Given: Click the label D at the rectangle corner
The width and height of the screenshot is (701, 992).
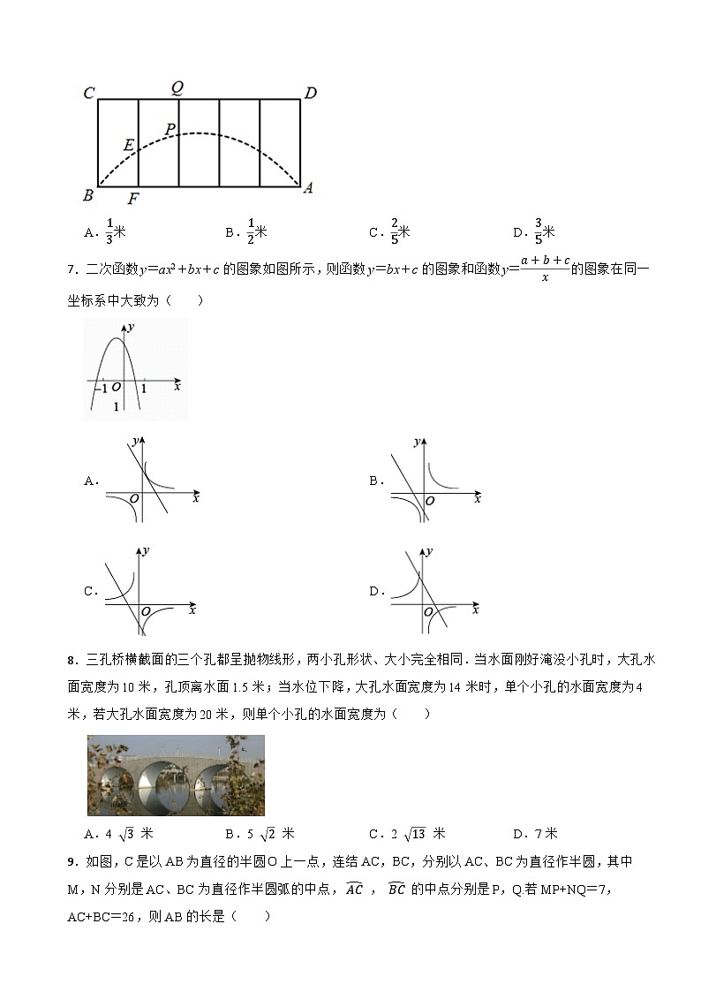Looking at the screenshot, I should (x=310, y=93).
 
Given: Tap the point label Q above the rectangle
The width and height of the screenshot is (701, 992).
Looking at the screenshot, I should (x=177, y=87).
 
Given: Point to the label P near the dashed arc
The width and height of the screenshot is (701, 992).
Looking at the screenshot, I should (x=170, y=129).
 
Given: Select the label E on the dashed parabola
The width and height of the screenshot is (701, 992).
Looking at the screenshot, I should (x=129, y=145).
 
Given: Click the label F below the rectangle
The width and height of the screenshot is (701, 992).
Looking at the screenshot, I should (x=133, y=199).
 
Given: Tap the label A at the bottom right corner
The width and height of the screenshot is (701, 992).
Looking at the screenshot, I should (x=308, y=187).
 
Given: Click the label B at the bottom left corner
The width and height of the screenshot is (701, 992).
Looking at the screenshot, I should (x=88, y=195).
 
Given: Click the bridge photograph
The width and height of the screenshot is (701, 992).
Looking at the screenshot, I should (x=176, y=775).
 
